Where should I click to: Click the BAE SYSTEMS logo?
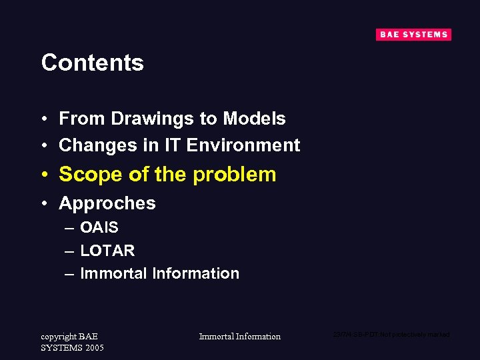(x=413, y=35)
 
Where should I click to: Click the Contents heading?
(x=92, y=63)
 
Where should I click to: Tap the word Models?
(x=254, y=119)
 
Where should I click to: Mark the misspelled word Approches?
(x=107, y=203)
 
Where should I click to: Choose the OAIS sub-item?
(x=99, y=228)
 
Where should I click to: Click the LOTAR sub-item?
(x=107, y=251)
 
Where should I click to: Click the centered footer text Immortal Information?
(x=240, y=337)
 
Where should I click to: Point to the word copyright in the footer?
(x=59, y=336)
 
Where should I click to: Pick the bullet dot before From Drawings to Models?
(x=43, y=119)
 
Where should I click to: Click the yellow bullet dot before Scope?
(x=43, y=175)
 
